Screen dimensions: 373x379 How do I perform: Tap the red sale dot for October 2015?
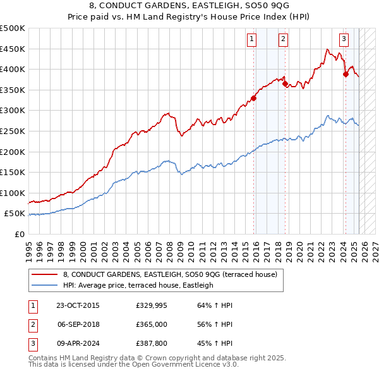(254, 98)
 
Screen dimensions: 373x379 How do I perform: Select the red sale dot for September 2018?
(285, 83)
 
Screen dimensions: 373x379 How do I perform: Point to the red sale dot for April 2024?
(346, 74)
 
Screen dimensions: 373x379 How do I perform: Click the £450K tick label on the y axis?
(13, 49)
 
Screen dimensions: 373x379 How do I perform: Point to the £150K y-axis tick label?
(13, 172)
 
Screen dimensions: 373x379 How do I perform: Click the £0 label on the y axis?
(20, 234)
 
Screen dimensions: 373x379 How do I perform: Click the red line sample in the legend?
(45, 274)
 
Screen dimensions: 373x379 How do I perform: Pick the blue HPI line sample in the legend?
(45, 285)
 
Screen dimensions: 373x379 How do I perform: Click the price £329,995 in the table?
(151, 305)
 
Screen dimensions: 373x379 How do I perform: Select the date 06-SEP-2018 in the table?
(78, 324)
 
